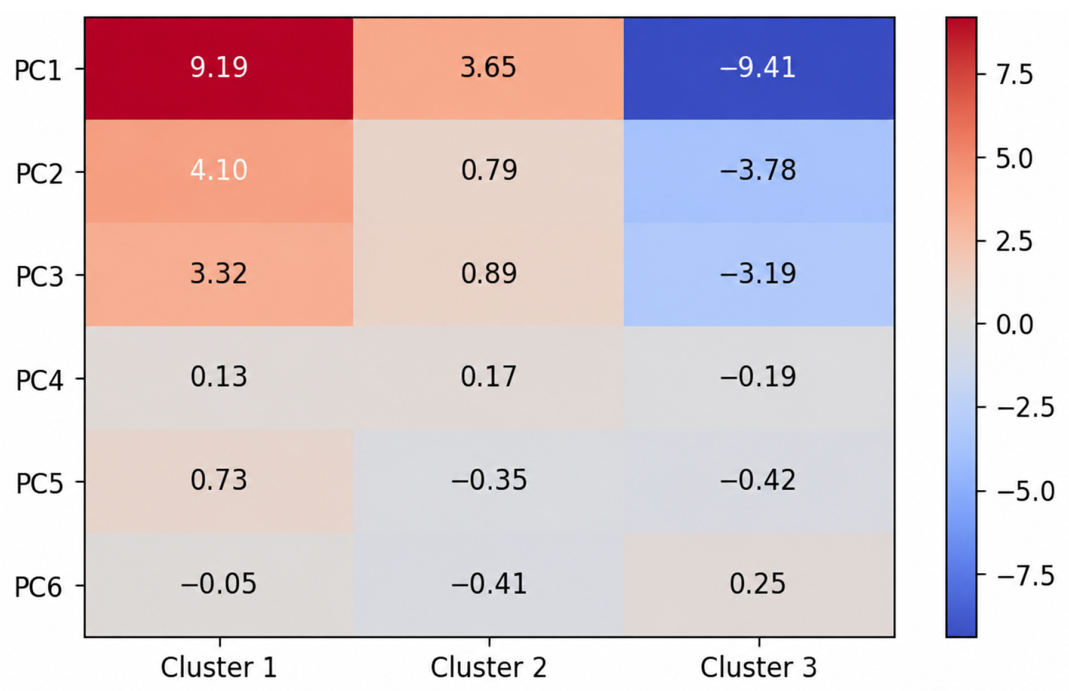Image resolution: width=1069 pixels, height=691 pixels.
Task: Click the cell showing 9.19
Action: coord(219,69)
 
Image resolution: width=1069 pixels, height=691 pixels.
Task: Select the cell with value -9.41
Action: coord(759,69)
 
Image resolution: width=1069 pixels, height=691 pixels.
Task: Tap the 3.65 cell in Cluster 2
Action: coord(489,69)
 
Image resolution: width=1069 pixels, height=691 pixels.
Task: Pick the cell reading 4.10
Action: coord(219,171)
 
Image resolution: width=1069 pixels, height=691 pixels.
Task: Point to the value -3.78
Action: coord(759,171)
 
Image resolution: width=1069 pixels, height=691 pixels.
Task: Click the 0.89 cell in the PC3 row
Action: coord(489,275)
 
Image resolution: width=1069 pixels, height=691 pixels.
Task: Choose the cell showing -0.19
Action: coord(759,378)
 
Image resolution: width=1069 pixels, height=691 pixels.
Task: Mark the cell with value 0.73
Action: coord(219,481)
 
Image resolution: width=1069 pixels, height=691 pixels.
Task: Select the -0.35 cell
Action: coord(489,481)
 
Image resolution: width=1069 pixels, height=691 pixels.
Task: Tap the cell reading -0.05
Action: coord(219,585)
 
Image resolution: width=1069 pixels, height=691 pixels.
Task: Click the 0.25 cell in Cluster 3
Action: coord(759,585)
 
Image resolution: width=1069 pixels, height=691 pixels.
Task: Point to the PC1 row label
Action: coord(38,70)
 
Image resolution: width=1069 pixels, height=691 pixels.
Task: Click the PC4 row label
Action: coord(38,380)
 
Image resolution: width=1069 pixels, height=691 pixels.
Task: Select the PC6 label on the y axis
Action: coord(38,587)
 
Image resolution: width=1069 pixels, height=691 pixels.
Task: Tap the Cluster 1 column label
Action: coord(219,667)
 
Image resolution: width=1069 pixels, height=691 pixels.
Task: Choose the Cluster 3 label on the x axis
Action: coord(759,667)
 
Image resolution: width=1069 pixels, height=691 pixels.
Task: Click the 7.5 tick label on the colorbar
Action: coord(1014,75)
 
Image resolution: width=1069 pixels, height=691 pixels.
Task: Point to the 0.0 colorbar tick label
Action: coord(1014,325)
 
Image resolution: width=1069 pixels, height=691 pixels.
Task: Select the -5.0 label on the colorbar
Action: coord(1025,492)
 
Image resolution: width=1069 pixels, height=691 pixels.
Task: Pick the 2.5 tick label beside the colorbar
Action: coord(1014,241)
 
